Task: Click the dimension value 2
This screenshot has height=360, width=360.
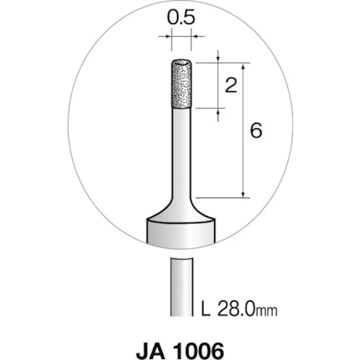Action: coord(231,85)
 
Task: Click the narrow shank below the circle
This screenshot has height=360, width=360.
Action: coord(180,285)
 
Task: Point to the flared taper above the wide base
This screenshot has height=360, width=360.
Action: coord(180,210)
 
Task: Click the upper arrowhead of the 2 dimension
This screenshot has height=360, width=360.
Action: coord(218,60)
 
